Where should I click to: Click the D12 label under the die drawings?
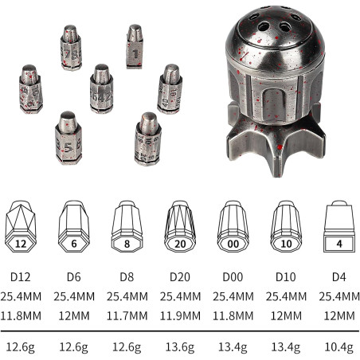pyautogui.click(x=21, y=277)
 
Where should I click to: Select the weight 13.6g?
pyautogui.click(x=180, y=347)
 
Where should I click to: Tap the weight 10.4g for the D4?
pyautogui.click(x=339, y=347)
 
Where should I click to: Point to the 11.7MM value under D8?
pyautogui.click(x=127, y=316)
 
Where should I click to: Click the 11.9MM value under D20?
pyautogui.click(x=180, y=316)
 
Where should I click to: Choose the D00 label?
pyautogui.click(x=233, y=277)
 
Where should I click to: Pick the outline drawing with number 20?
pyautogui.click(x=180, y=226)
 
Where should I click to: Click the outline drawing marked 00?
pyautogui.click(x=233, y=226)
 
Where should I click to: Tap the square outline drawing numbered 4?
pyautogui.click(x=339, y=226)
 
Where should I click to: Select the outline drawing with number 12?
pyautogui.click(x=21, y=226)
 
